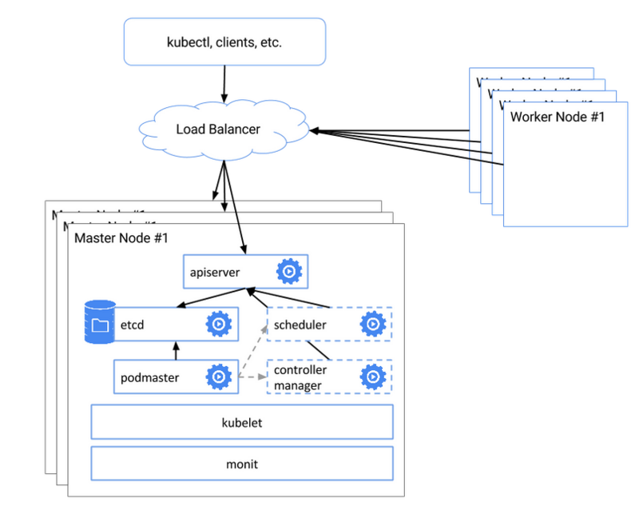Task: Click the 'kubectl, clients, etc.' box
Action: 225,42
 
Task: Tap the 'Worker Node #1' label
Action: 558,118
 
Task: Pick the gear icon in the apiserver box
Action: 288,273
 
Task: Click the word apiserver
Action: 215,273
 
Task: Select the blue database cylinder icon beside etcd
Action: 100,323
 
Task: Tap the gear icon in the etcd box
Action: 218,325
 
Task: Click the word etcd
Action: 132,325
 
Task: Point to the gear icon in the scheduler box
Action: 372,325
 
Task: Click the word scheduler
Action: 300,325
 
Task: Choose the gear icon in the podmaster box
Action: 218,377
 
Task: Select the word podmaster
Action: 150,377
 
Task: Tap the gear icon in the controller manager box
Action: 372,377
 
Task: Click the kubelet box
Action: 242,422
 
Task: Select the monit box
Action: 242,463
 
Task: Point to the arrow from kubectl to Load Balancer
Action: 224,83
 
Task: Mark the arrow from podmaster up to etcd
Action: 176,351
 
